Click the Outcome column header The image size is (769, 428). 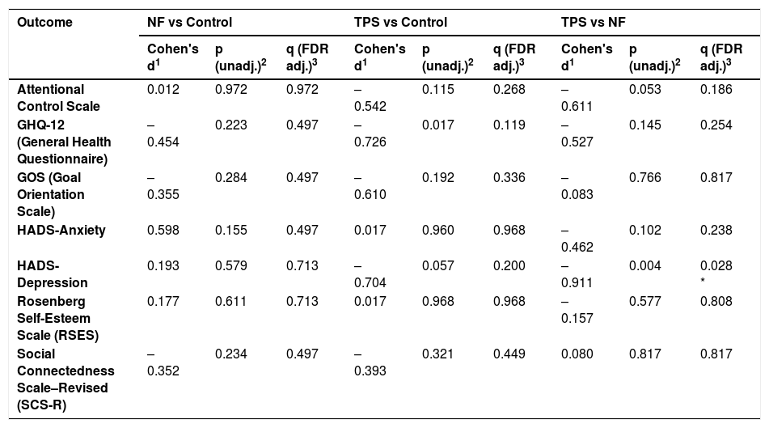tap(44, 22)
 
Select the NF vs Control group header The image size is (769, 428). tap(189, 22)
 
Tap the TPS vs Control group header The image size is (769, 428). tap(401, 22)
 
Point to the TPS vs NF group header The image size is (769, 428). tap(593, 22)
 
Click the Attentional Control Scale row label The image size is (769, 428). tap(58, 98)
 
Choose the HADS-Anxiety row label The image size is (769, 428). tap(61, 231)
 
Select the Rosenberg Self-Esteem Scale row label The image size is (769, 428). tap(58, 318)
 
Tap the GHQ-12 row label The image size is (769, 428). tap(64, 142)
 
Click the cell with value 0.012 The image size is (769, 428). tap(163, 89)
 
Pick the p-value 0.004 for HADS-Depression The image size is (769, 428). tap(645, 265)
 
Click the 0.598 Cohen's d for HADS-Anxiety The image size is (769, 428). tap(163, 231)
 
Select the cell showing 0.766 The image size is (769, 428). tap(645, 177)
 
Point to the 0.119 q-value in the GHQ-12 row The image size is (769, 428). tap(509, 125)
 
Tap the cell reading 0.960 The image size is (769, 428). tap(438, 231)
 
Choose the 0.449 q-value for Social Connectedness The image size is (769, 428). tap(509, 354)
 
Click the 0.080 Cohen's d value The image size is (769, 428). tap(577, 354)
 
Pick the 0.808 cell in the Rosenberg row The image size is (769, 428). tap(716, 301)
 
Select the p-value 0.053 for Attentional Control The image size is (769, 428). tap(645, 89)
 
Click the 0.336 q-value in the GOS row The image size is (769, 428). tap(509, 177)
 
